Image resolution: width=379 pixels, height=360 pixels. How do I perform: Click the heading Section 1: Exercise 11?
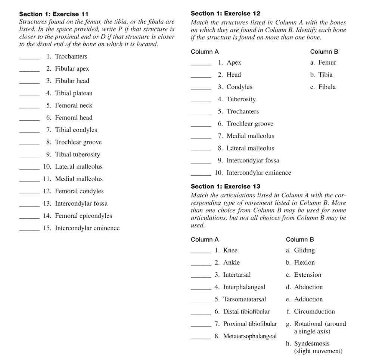54,14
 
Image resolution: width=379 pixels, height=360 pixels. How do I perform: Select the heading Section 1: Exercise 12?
226,13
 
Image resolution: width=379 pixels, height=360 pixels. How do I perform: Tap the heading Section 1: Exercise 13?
226,186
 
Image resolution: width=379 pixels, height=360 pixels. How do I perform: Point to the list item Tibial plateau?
74,93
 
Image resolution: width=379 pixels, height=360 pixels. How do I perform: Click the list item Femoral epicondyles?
83,216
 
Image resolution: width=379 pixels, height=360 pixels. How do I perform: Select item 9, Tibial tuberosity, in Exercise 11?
77,154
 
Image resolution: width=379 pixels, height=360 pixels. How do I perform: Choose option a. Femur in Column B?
323,62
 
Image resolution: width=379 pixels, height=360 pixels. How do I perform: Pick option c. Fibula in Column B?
323,87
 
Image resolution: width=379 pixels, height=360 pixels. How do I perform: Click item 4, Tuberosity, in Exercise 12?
241,99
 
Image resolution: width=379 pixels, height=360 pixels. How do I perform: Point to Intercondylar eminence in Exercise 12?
258,173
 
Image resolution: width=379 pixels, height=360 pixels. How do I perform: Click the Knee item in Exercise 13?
230,250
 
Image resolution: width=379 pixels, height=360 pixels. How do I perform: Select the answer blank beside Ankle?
201,264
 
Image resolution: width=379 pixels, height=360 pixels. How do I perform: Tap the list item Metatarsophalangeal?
250,336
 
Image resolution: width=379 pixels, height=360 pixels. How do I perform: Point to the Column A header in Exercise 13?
205,239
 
